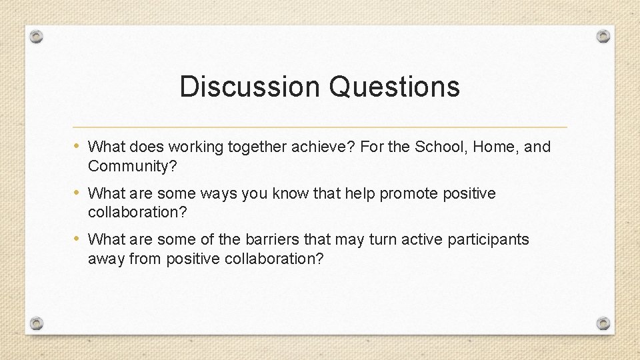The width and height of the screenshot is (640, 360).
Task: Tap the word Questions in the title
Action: click(395, 87)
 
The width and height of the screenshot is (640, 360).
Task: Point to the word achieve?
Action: click(323, 147)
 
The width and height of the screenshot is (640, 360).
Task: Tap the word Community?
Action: click(133, 166)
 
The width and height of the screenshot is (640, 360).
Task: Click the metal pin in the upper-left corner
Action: click(37, 36)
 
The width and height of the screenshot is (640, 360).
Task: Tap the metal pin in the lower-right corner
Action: click(603, 323)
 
